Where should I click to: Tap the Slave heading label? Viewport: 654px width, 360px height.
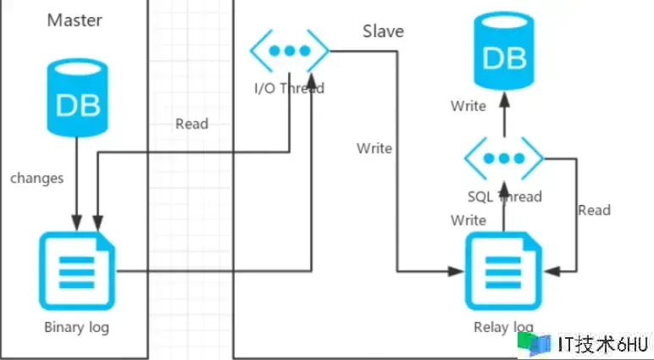pos(383,31)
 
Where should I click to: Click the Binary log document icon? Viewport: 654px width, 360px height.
pos(77,272)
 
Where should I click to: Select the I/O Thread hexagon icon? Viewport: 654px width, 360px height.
pos(289,50)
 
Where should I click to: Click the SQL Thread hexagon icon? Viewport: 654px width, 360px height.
pos(504,158)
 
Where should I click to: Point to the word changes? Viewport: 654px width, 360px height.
pos(36,178)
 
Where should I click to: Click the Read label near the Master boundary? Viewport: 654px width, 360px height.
pos(191,124)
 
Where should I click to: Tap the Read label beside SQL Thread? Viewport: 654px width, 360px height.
pos(594,210)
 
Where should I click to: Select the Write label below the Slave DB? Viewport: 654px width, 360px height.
pos(468,106)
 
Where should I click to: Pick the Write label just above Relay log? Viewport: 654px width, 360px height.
pos(468,220)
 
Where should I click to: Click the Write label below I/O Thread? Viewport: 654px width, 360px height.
pos(374,148)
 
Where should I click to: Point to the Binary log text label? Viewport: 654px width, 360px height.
pos(77,327)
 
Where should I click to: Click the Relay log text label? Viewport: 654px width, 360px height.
pos(504,327)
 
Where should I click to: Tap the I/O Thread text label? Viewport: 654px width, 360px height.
pos(289,87)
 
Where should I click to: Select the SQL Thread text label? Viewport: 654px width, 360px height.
pos(504,197)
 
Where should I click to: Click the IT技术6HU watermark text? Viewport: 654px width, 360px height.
pos(603,344)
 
